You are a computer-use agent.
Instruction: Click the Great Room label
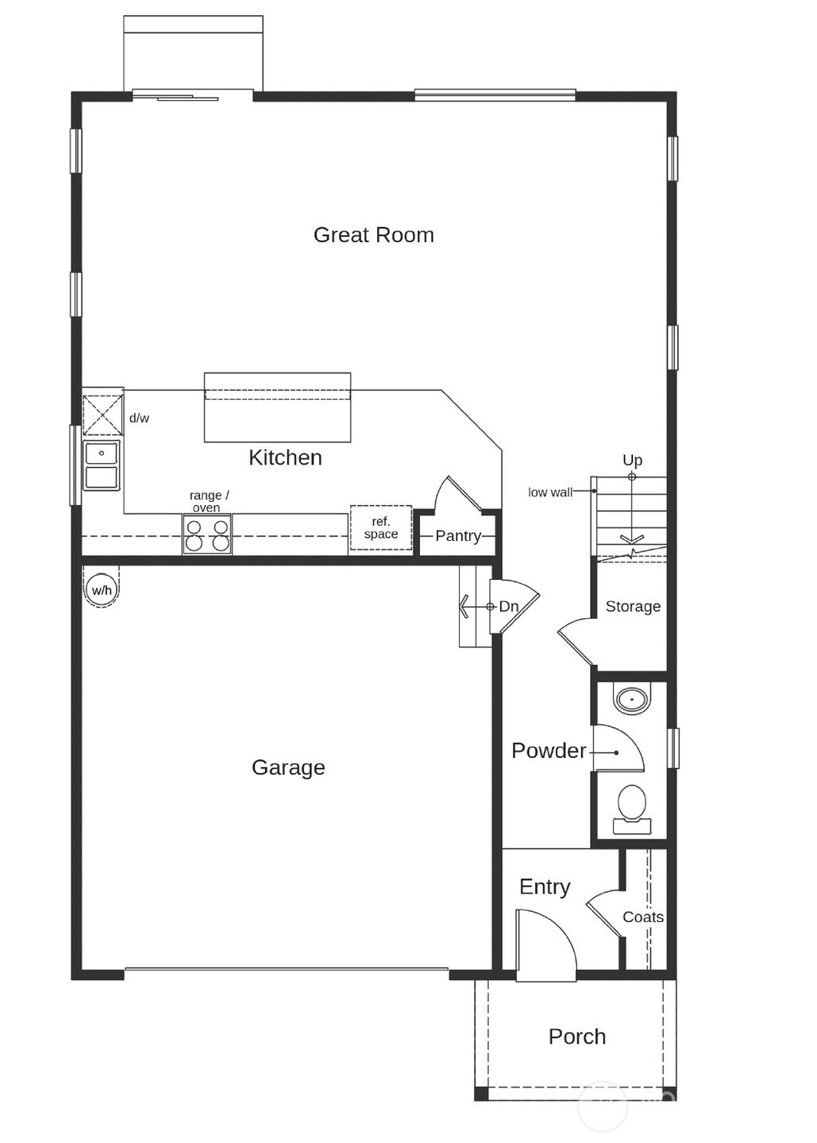click(x=373, y=235)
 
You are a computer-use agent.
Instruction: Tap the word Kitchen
click(x=285, y=458)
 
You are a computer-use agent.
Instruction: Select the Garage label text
click(x=288, y=767)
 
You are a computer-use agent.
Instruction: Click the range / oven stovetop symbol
click(x=207, y=535)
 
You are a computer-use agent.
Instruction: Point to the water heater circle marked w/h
click(x=102, y=590)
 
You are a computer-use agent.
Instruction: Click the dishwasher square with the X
click(x=103, y=414)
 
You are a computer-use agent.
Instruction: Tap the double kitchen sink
click(x=102, y=465)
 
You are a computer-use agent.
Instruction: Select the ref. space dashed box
click(x=381, y=528)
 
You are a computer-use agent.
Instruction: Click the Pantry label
click(x=457, y=536)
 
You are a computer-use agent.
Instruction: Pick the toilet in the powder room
click(x=632, y=807)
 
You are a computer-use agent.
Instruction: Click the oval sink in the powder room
click(x=632, y=700)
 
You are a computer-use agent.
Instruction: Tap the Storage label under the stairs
click(x=633, y=607)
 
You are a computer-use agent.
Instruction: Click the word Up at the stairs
click(x=632, y=460)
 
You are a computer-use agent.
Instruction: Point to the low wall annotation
click(x=549, y=492)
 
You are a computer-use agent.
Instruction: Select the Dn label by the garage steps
click(x=508, y=607)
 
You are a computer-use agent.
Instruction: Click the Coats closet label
click(x=643, y=917)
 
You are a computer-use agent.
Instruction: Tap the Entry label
click(x=545, y=887)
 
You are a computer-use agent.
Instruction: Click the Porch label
click(x=577, y=1037)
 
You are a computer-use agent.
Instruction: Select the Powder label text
click(x=549, y=751)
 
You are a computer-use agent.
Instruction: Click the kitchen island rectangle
click(x=277, y=407)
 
